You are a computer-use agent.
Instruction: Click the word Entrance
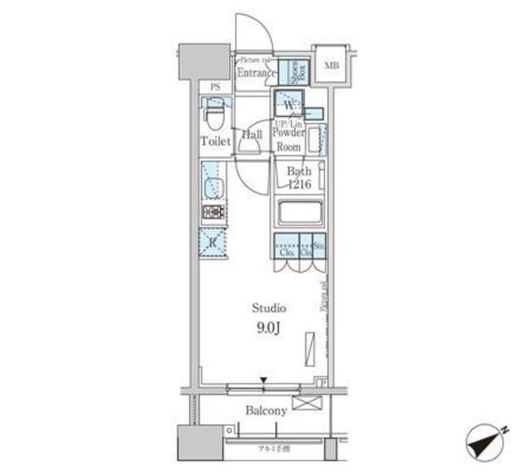coord(255,73)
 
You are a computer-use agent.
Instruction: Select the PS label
coord(215,87)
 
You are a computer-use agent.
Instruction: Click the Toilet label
coord(214,141)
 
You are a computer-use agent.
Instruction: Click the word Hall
coord(252,134)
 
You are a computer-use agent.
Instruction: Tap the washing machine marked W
coord(288,106)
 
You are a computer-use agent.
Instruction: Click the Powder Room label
coord(288,139)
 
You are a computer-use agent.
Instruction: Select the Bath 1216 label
coord(298,178)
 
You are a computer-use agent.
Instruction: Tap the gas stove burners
coord(214,213)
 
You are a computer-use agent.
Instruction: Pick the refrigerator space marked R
coord(213,243)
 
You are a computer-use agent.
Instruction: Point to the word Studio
coord(269,308)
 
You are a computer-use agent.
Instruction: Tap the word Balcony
coord(266,411)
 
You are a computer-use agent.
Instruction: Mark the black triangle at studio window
coord(264,382)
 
